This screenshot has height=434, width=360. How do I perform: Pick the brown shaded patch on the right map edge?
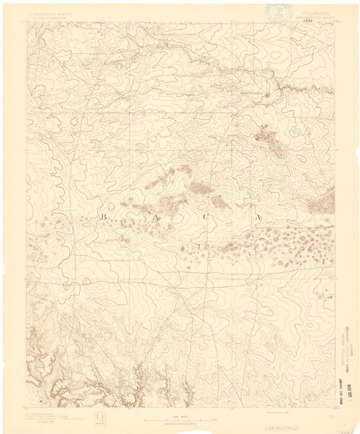(329, 201)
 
